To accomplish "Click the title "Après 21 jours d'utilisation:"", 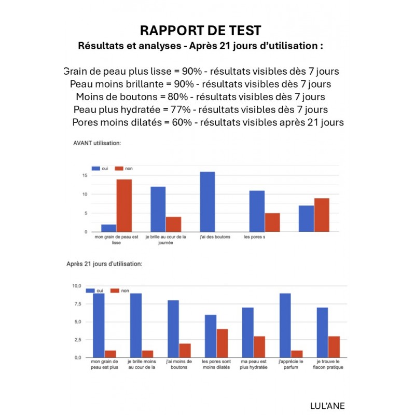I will click(x=104, y=264).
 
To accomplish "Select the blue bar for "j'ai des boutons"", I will click(x=208, y=202).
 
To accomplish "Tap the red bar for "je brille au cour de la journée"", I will click(x=173, y=224).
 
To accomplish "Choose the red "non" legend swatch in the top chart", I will click(x=118, y=169).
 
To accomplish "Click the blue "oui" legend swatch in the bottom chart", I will click(x=90, y=291).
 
